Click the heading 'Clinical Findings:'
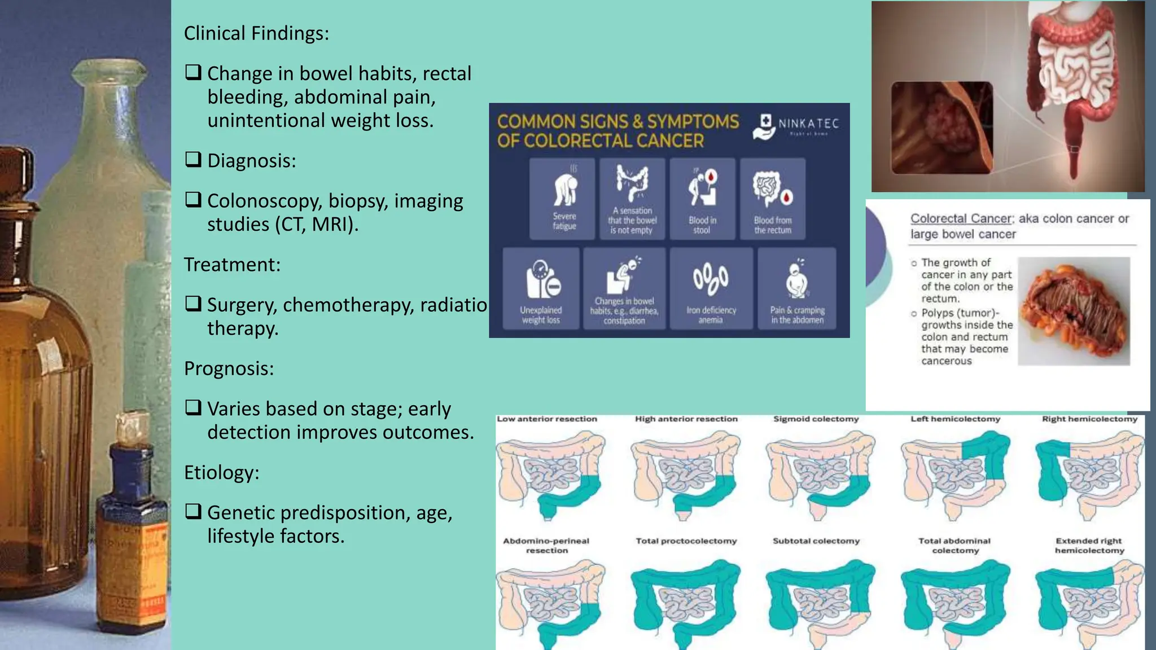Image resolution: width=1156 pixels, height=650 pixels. pyautogui.click(x=256, y=34)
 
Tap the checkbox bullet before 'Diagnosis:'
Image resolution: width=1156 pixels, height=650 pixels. pyautogui.click(x=193, y=160)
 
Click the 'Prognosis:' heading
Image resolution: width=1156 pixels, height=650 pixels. pyautogui.click(x=229, y=368)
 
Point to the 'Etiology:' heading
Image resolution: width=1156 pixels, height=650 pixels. pyautogui.click(x=221, y=472)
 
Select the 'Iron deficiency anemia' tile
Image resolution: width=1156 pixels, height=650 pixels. pyautogui.click(x=711, y=288)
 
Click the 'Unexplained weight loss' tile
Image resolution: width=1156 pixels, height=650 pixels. pyautogui.click(x=541, y=288)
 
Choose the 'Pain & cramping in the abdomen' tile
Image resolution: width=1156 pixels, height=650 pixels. pyautogui.click(x=797, y=288)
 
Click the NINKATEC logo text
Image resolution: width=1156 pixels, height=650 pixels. pyautogui.click(x=808, y=124)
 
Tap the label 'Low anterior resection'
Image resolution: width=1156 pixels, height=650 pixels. pyautogui.click(x=546, y=419)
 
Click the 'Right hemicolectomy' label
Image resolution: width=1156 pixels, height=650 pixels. pyautogui.click(x=1089, y=419)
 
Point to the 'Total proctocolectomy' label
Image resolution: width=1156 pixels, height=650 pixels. pyautogui.click(x=686, y=541)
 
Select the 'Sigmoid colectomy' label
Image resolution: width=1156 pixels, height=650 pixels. pyautogui.click(x=816, y=419)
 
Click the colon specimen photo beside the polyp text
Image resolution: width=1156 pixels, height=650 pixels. pyautogui.click(x=1074, y=311)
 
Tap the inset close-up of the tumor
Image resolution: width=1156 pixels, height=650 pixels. pyautogui.click(x=942, y=128)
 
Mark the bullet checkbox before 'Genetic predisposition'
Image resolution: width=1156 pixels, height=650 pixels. pyautogui.click(x=193, y=512)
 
